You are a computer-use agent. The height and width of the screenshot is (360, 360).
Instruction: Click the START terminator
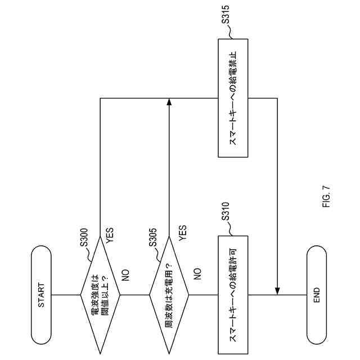[41, 294]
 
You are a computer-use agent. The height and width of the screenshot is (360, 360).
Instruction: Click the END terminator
[317, 294]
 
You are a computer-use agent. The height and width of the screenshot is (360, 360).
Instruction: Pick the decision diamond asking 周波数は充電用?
[169, 294]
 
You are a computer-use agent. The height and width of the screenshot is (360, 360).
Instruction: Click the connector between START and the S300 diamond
[65, 294]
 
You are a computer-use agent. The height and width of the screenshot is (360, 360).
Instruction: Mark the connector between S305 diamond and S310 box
[203, 294]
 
